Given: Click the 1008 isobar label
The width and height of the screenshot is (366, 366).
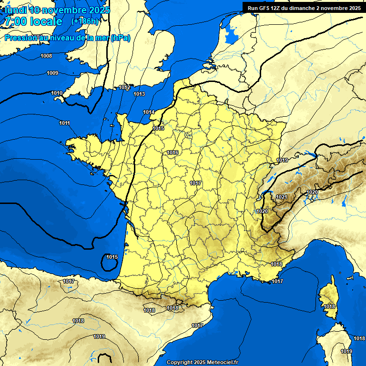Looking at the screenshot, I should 46,56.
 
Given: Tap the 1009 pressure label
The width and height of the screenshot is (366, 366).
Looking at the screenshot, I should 52,73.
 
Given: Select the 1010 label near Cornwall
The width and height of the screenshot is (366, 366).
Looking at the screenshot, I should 57,93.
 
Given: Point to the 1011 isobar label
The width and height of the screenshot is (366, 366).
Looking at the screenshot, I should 65,123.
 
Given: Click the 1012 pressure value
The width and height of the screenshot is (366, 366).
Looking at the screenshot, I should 124,87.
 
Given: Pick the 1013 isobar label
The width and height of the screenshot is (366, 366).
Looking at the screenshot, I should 139,94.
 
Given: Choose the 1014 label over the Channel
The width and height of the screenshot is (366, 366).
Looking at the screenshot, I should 149,112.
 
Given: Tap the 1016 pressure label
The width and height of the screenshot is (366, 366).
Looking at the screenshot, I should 173,152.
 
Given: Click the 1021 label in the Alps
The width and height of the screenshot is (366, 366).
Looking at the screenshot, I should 282,197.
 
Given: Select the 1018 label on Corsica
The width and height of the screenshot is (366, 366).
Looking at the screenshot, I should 329,306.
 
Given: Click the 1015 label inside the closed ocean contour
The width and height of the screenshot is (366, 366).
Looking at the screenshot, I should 112,257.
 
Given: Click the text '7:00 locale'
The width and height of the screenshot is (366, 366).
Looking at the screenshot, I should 32,21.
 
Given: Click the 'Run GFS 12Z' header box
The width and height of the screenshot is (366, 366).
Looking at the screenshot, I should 304,8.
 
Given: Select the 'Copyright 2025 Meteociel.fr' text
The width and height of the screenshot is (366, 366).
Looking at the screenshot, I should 202,362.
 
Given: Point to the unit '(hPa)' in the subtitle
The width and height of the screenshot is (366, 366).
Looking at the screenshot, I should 120,38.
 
